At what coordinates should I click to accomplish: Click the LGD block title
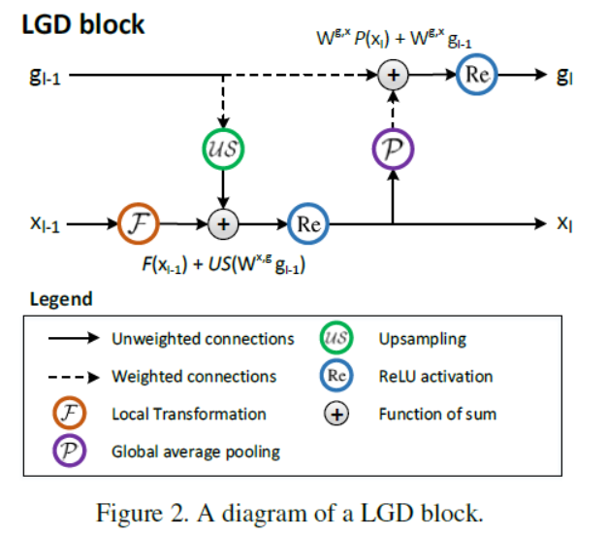83,23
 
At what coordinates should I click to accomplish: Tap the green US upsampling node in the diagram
224,151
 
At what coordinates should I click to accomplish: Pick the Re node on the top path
475,75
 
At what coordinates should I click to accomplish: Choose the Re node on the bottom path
309,223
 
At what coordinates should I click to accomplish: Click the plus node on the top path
393,75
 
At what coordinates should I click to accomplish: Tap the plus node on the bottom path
224,223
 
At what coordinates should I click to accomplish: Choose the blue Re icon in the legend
335,376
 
